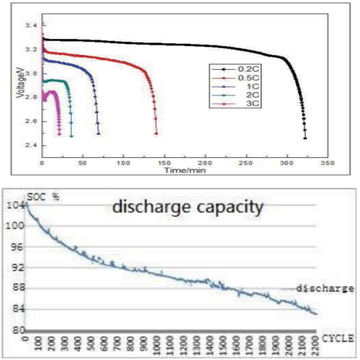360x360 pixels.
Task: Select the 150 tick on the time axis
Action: pos(164,162)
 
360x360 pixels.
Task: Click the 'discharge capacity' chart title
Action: pos(188,207)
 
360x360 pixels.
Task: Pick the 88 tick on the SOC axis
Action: pos(17,288)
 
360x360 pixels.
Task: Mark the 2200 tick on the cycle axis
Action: pos(314,345)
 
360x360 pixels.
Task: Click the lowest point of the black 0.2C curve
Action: pos(305,138)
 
